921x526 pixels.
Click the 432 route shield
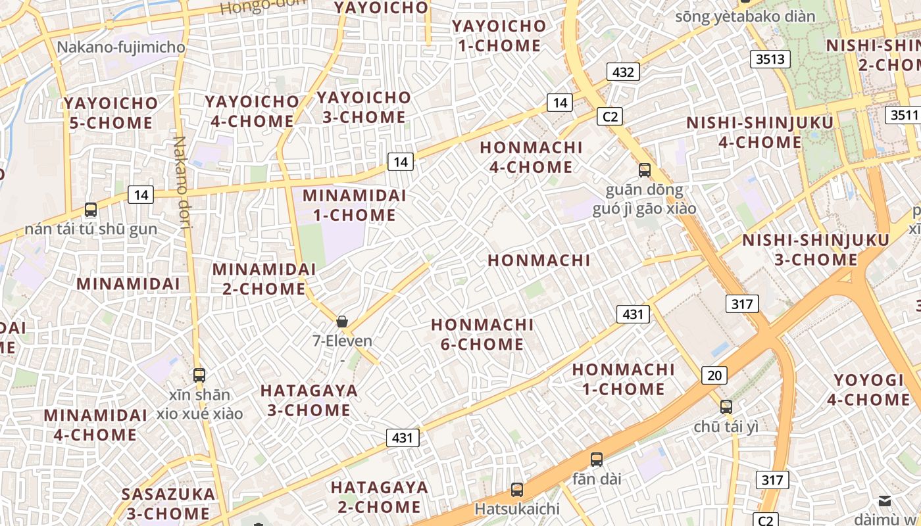tap(622, 72)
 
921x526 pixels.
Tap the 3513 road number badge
tap(770, 59)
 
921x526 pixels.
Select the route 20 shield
tap(714, 375)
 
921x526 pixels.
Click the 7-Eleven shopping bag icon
tap(342, 322)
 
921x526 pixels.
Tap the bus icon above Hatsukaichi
tap(517, 489)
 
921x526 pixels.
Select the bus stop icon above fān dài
tap(597, 460)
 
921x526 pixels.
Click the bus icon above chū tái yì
tap(726, 406)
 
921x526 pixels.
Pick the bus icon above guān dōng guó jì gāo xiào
tap(645, 170)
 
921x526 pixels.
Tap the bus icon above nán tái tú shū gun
tap(91, 210)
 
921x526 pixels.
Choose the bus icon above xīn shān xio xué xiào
tap(199, 375)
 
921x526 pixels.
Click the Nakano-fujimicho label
tap(121, 47)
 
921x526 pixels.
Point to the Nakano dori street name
tap(181, 182)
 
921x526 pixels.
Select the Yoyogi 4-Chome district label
tap(868, 390)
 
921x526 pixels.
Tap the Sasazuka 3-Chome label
tap(168, 504)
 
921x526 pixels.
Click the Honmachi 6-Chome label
tap(482, 334)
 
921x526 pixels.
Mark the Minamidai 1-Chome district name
tap(355, 205)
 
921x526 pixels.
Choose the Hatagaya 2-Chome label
tap(380, 497)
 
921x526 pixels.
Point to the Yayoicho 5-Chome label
tap(111, 112)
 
